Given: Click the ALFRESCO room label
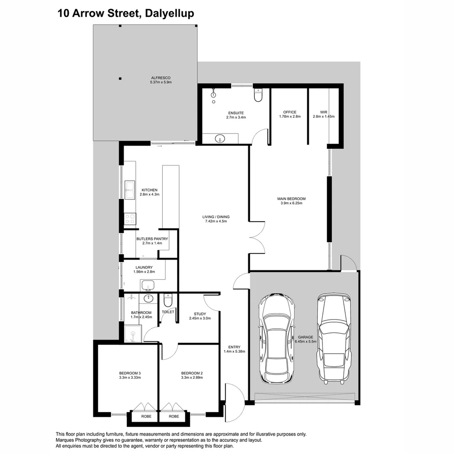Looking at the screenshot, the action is (x=161, y=78).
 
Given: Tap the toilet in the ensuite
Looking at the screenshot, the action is (x=258, y=95).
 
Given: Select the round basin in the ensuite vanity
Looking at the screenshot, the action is (x=220, y=139).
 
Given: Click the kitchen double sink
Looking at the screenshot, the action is (x=130, y=190).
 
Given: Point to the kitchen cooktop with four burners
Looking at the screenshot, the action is (x=130, y=219).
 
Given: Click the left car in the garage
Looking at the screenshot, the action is (x=277, y=339).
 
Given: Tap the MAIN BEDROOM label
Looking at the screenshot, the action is (x=291, y=199).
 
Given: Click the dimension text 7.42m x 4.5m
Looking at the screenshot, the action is (x=216, y=221).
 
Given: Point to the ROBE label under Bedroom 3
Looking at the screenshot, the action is (x=146, y=416).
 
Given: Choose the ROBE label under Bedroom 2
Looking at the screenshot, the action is (x=174, y=416).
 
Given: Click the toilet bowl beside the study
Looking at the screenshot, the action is (x=168, y=300).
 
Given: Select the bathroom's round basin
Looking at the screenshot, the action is (x=148, y=298).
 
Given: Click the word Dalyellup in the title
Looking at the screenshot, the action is (x=169, y=13).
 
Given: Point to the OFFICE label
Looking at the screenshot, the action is (x=290, y=112).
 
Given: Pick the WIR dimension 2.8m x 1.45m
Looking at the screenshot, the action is (x=324, y=117).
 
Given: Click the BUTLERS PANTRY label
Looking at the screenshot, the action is (x=152, y=239).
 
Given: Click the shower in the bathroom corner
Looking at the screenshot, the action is (x=133, y=333).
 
